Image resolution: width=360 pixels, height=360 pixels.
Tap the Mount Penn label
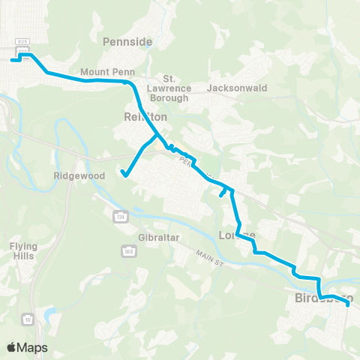pyautogui.click(x=97, y=73)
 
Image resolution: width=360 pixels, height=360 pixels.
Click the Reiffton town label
pyautogui.click(x=141, y=117)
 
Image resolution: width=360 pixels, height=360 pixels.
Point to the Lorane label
pyautogui.click(x=237, y=235)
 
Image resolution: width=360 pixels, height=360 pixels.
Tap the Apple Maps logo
pyautogui.click(x=27, y=347)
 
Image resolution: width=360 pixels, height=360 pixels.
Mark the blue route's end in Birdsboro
pyautogui.click(x=349, y=304)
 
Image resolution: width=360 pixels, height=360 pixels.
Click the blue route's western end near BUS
pyautogui.click(x=12, y=59)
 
